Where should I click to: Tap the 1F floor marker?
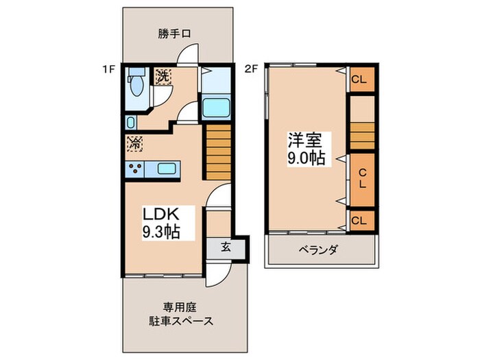pos(106,69)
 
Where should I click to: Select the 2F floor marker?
pos(251,69)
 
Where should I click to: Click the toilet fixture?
pos(136,86)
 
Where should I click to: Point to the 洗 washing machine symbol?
pos(163,76)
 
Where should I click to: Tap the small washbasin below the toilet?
pos(131,122)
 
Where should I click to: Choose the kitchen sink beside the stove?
pos(167,169)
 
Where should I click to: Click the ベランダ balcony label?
pos(317,250)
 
